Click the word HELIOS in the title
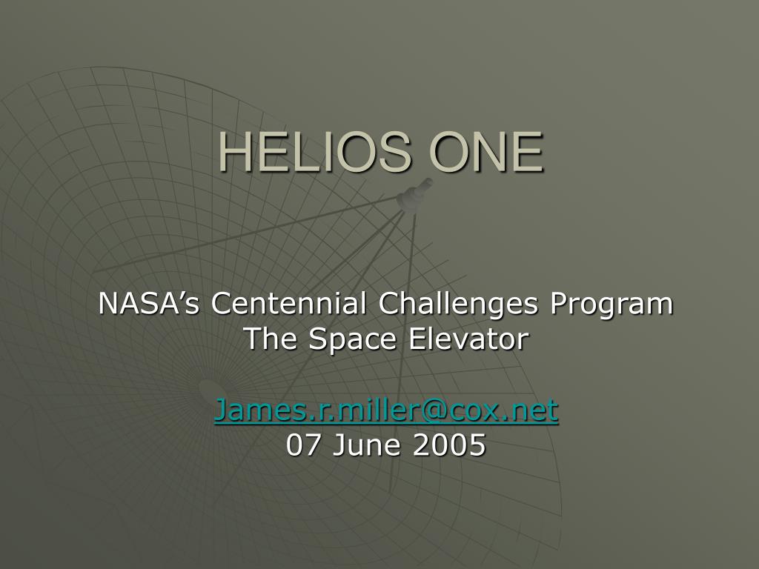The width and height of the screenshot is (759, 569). click(315, 152)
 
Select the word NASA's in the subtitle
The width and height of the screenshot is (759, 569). click(148, 303)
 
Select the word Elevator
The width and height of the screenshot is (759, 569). click(468, 338)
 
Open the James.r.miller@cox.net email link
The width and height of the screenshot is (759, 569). click(386, 410)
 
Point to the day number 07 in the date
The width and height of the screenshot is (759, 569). click(302, 445)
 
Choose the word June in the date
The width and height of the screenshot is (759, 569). click(366, 445)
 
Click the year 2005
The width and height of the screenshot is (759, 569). click(449, 445)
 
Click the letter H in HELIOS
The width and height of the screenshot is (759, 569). click(235, 152)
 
